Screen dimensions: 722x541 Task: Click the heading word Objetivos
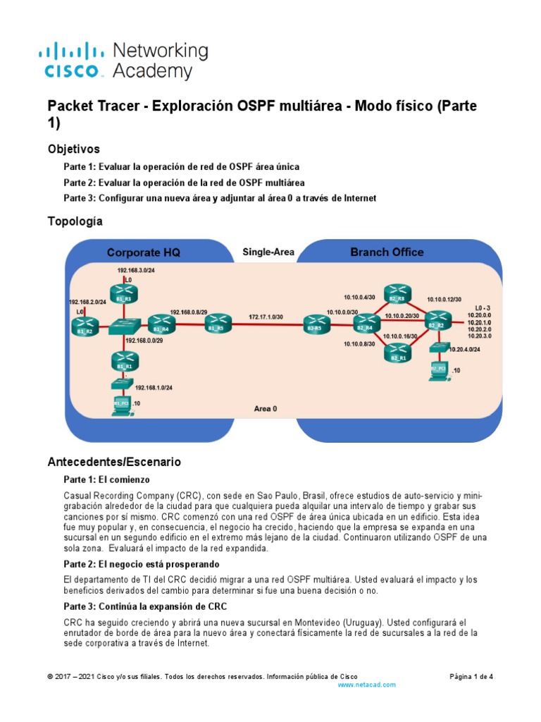click(73, 149)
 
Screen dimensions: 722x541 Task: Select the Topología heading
click(75, 221)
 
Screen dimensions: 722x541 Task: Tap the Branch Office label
click(387, 252)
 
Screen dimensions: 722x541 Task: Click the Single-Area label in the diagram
click(268, 251)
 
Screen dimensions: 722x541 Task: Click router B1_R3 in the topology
click(124, 292)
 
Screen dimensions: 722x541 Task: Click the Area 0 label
click(266, 408)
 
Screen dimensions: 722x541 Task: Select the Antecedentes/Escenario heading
click(113, 462)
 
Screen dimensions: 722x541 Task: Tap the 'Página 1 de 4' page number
click(471, 676)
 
